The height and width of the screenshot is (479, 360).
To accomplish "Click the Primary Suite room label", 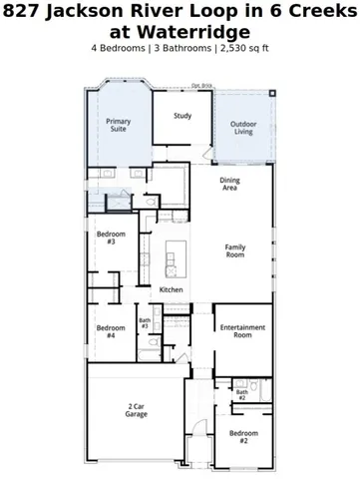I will tap(119, 127).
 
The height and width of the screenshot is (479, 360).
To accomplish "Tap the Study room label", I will tap(182, 116).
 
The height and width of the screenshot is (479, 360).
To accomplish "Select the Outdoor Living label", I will tap(243, 128).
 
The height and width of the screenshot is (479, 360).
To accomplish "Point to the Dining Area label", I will tap(229, 184).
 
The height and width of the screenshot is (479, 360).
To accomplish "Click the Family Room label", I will tap(234, 250).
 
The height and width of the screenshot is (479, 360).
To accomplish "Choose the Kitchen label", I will tap(171, 289).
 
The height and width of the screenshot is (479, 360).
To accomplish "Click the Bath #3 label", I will tap(145, 323).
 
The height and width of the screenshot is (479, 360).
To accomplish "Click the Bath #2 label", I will tap(242, 395).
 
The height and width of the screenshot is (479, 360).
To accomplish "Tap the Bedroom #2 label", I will tap(243, 436).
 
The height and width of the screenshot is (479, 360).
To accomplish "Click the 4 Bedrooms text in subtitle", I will tap(120, 47).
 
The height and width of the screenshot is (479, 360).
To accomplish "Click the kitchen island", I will tap(175, 257).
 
